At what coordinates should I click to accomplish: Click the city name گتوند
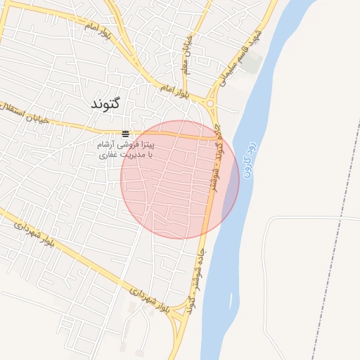[106, 103]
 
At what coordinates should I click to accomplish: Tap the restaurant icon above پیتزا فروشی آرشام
[125, 134]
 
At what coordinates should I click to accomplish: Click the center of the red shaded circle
[180, 179]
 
